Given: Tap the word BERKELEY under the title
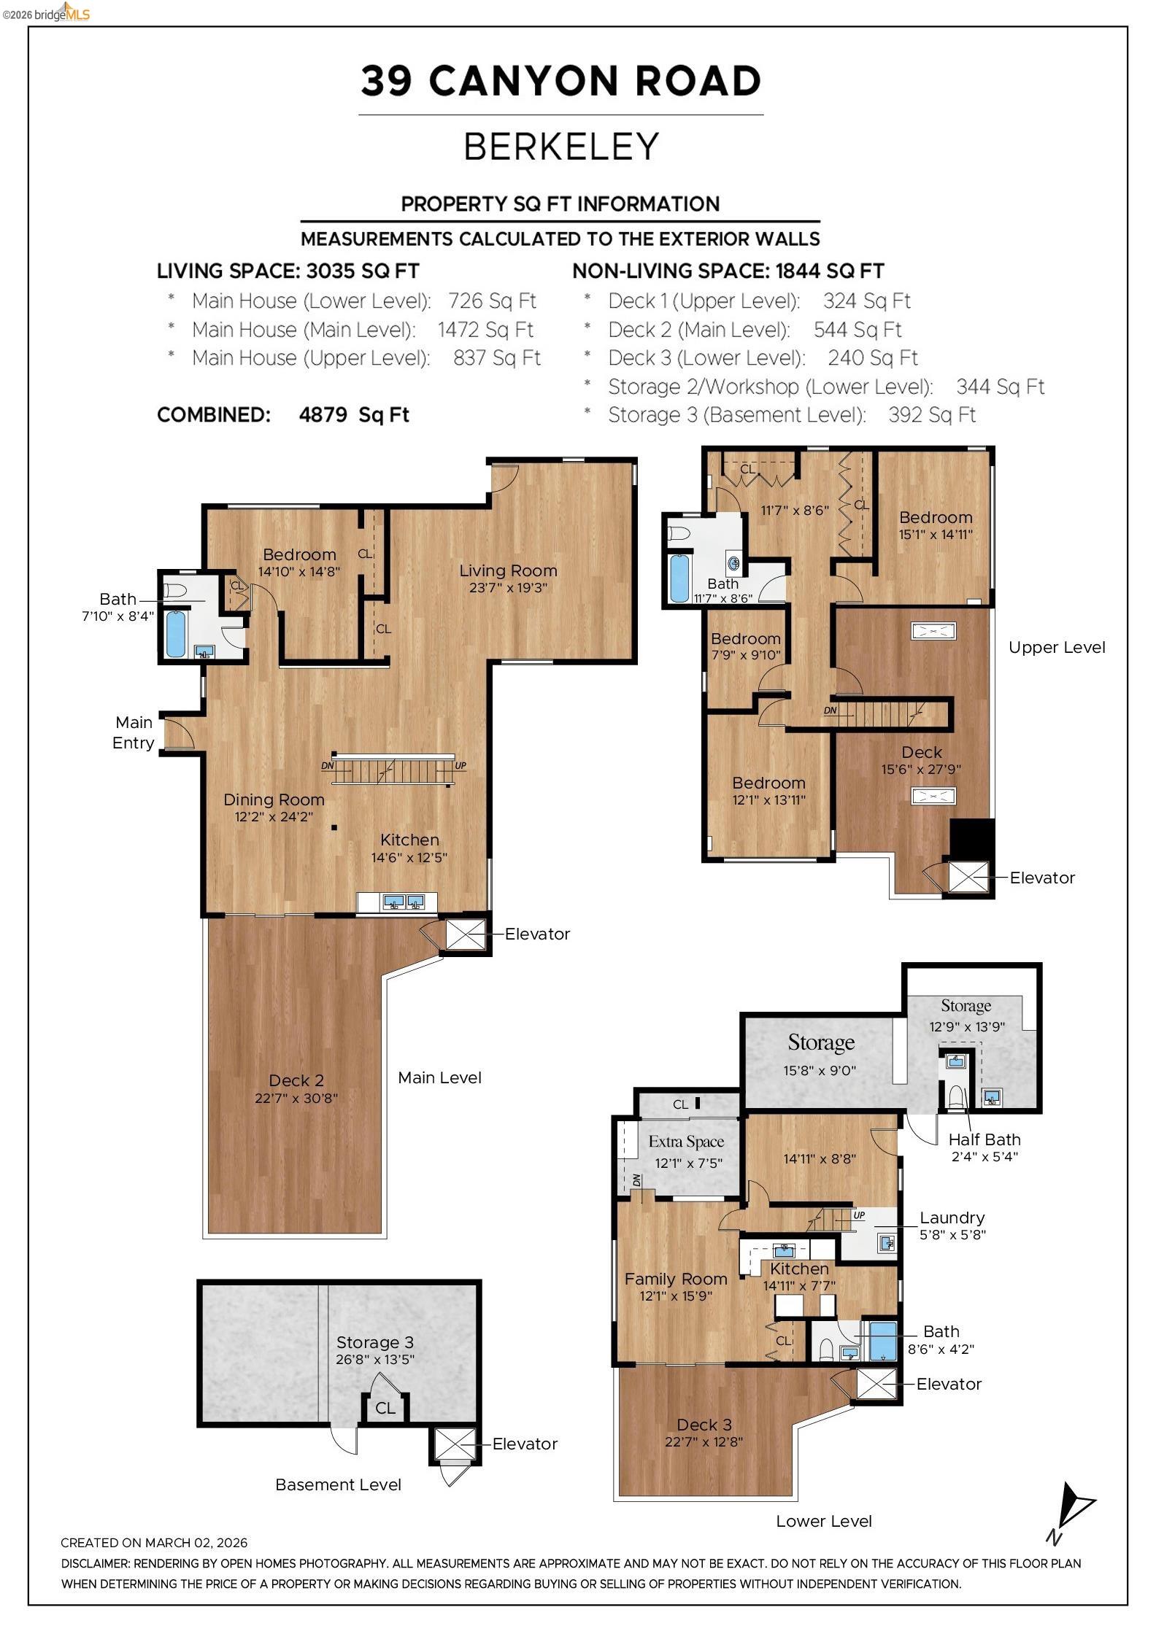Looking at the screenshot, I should [x=560, y=147].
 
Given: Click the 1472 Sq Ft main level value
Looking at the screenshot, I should [x=485, y=330].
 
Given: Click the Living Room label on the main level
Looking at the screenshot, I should [x=508, y=570].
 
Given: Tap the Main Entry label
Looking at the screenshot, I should [x=133, y=732].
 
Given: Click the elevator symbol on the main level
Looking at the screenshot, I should [x=465, y=934].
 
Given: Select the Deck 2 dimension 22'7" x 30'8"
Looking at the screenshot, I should [x=296, y=1098].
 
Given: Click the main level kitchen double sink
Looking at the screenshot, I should [x=404, y=902].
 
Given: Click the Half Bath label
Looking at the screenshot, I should [x=984, y=1139].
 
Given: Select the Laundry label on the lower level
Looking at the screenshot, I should [x=952, y=1217].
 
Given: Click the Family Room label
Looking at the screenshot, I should [x=676, y=1279].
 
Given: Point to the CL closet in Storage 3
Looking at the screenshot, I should [x=385, y=1408].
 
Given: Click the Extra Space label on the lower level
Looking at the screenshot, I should [x=686, y=1142].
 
